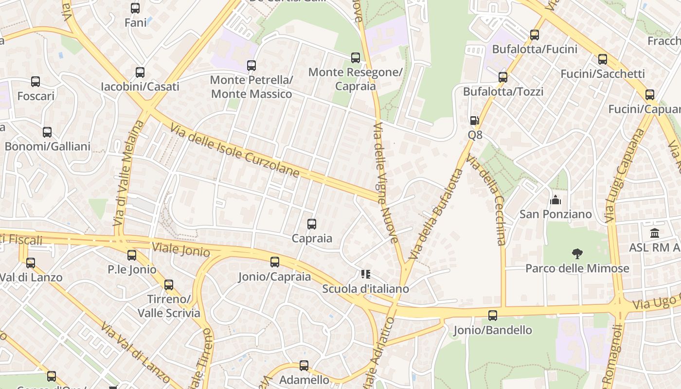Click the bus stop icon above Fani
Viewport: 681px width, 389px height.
(x=135, y=8)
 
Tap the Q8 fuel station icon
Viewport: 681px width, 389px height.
(x=475, y=121)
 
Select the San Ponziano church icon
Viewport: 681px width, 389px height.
(x=555, y=200)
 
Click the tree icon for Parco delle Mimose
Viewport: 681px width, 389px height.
(x=577, y=253)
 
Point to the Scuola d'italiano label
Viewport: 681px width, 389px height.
(x=365, y=289)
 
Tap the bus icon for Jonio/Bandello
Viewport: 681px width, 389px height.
(x=493, y=316)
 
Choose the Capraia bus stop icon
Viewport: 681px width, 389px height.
(x=312, y=224)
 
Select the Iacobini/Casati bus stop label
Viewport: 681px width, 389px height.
(x=140, y=87)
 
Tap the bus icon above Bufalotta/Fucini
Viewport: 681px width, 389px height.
(x=535, y=35)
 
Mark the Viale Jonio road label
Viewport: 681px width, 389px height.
(x=181, y=249)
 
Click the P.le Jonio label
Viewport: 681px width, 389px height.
(x=132, y=269)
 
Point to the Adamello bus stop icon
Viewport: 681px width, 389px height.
(x=304, y=365)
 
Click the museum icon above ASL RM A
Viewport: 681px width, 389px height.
(x=655, y=233)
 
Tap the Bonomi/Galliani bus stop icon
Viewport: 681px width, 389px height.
(x=47, y=132)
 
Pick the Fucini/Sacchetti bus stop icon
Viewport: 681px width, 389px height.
(x=603, y=59)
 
